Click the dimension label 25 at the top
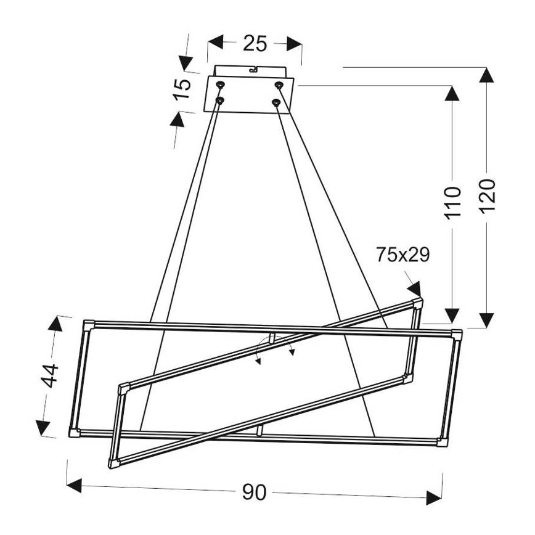point(255,43)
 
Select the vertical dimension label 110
point(453,202)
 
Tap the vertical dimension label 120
point(487,195)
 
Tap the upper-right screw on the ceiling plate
point(279,84)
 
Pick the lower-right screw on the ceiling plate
point(277,101)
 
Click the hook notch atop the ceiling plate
point(252,69)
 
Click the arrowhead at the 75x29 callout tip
point(414,288)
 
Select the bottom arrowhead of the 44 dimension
point(43,427)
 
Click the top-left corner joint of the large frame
point(89,323)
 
